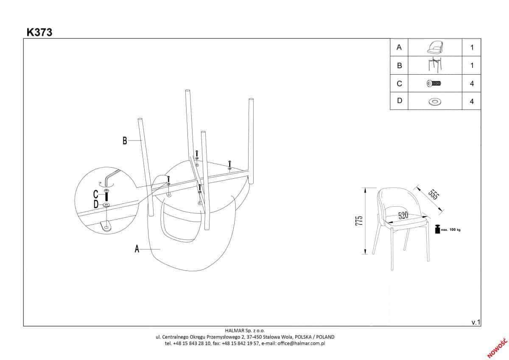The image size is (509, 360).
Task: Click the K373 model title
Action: (x=39, y=32)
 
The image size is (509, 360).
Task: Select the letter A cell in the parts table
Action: (x=399, y=48)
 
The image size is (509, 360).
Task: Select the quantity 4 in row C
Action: (x=472, y=84)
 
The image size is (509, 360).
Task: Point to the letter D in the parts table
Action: (x=399, y=101)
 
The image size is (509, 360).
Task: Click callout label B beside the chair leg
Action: (x=125, y=141)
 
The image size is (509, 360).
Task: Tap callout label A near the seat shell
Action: (x=137, y=249)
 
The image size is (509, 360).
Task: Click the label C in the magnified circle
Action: (x=96, y=195)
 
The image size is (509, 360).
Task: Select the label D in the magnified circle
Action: (x=96, y=205)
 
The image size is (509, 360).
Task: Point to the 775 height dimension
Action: (x=359, y=221)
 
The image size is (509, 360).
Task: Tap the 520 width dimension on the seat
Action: (x=403, y=216)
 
